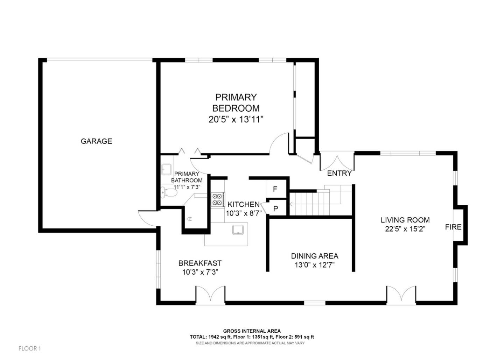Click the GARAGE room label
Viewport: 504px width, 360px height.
(96, 141)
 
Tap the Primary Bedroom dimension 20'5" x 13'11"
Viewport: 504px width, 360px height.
(236, 120)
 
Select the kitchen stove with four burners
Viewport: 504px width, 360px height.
(218, 199)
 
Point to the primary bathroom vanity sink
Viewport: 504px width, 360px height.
(167, 170)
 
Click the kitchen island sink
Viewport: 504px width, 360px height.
(238, 230)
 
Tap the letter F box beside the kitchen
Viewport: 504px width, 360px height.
(275, 189)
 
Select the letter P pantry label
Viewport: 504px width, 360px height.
(275, 209)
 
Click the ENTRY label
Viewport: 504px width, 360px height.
(339, 174)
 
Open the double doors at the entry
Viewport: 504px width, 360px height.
(337, 162)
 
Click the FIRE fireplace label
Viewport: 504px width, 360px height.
(453, 227)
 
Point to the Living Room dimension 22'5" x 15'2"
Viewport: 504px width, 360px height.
(405, 229)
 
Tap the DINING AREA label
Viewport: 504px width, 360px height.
(315, 256)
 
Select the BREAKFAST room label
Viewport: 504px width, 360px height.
(200, 263)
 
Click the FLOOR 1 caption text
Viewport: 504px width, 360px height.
(30, 348)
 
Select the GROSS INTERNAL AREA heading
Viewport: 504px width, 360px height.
(252, 331)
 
